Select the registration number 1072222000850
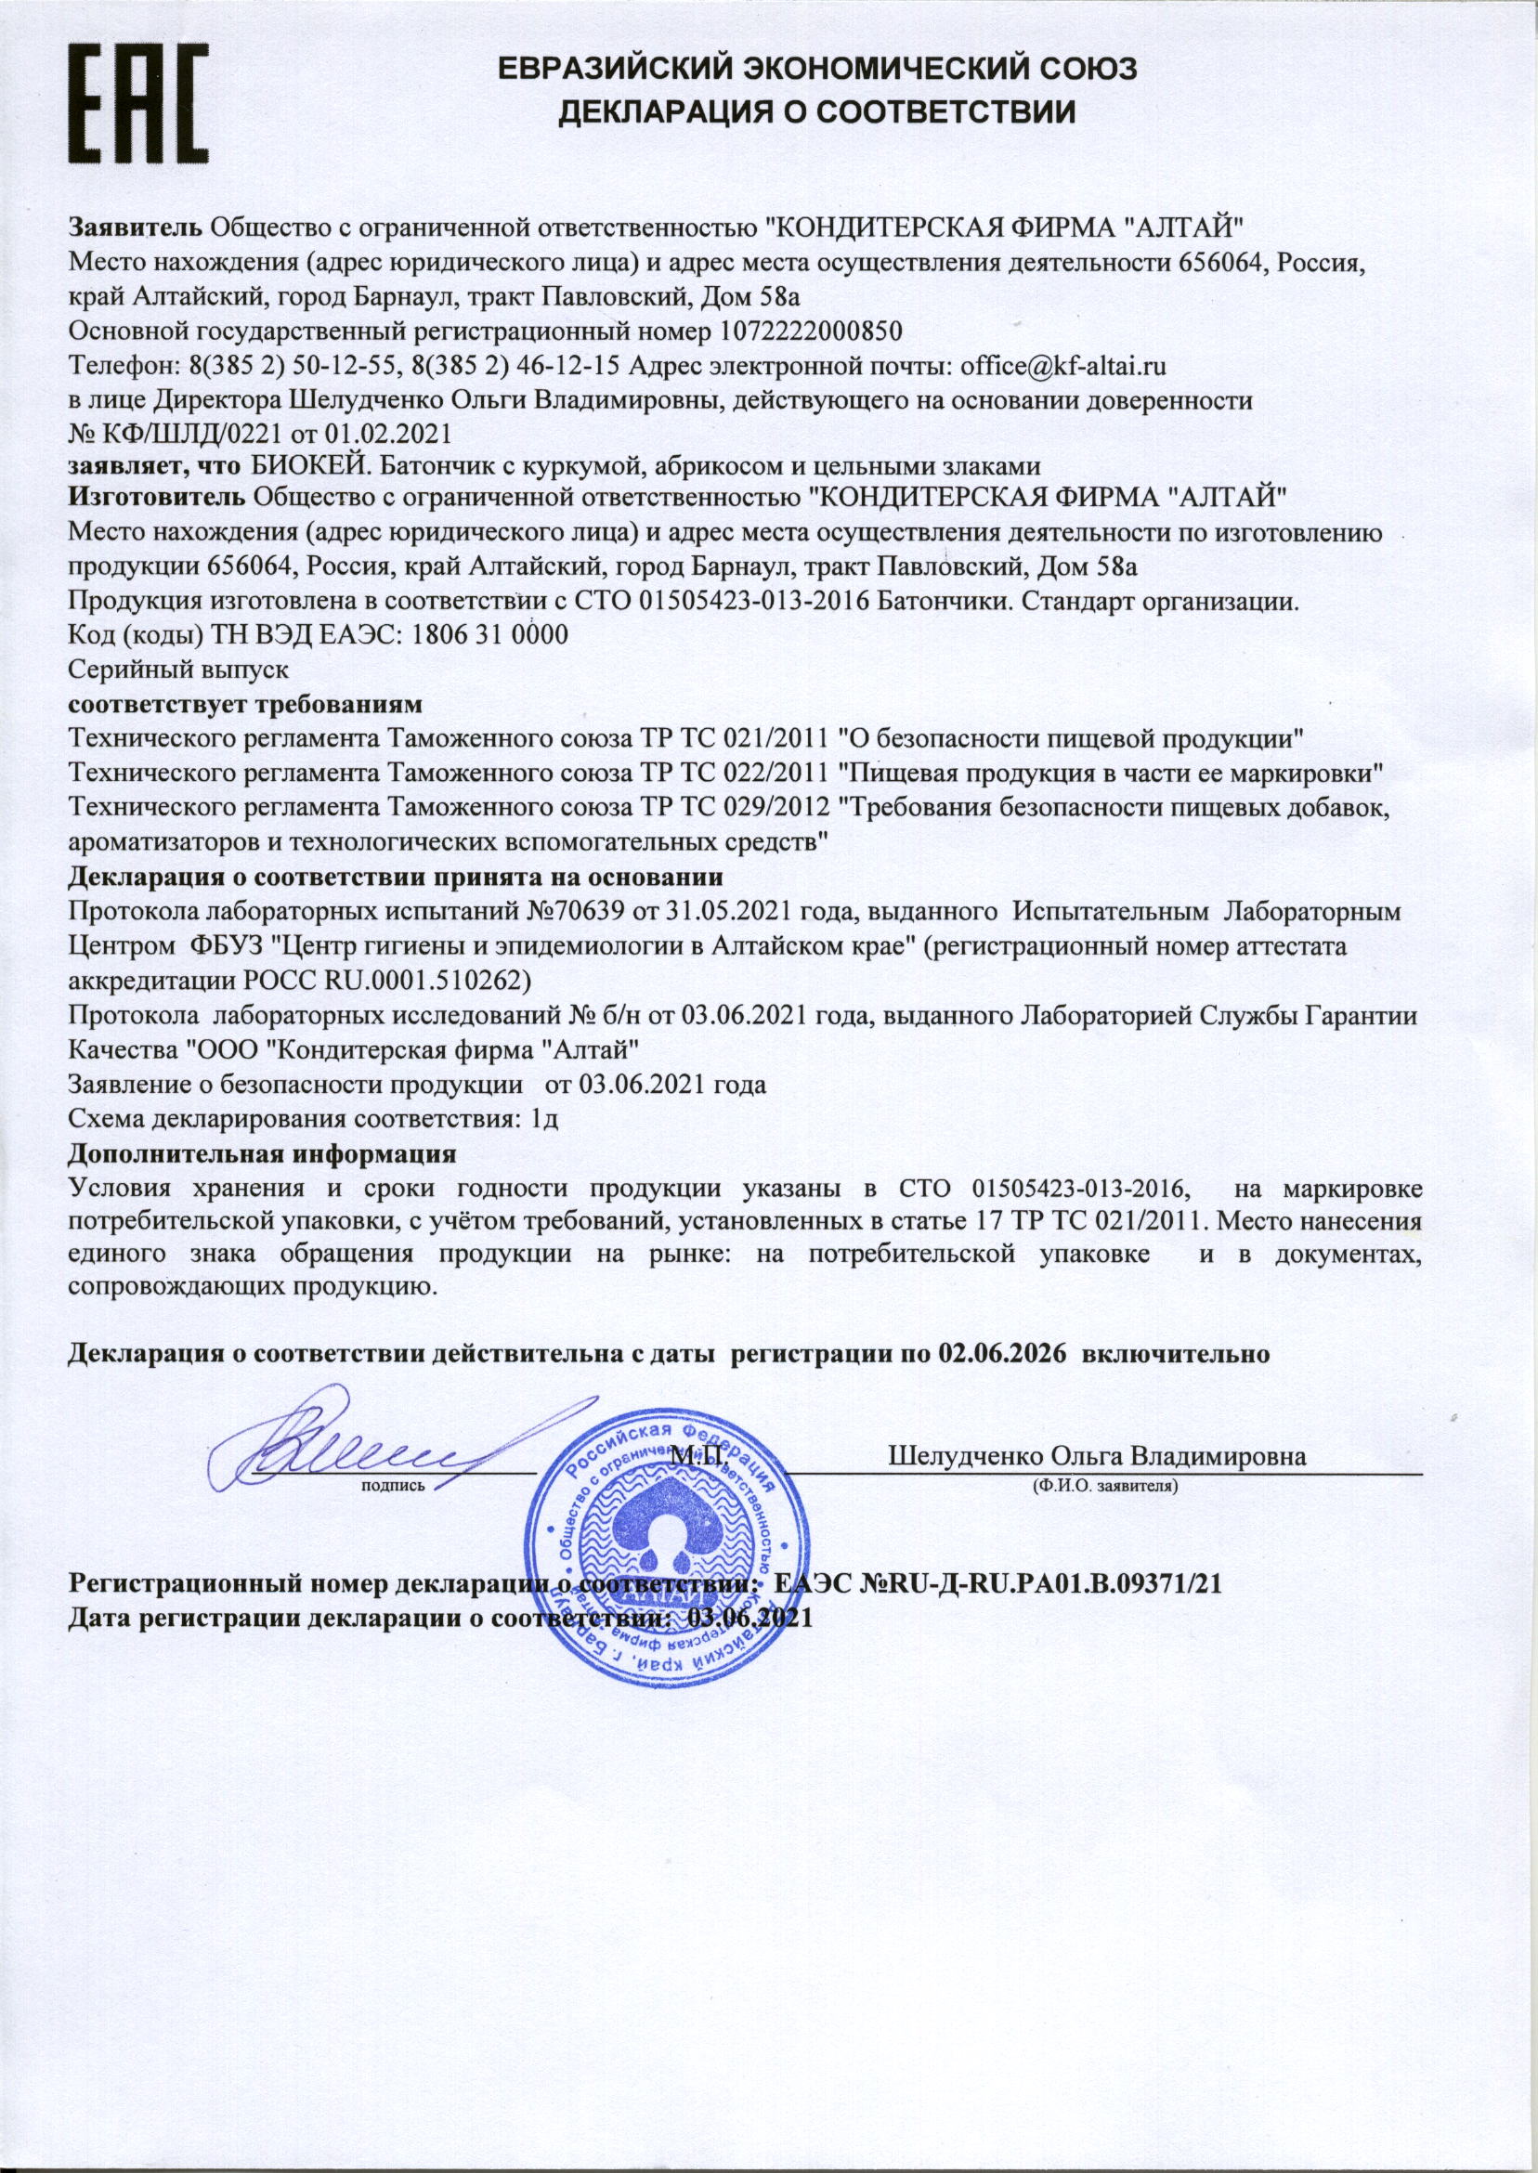[811, 332]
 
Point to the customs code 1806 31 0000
[486, 634]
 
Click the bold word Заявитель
[136, 228]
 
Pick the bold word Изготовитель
[157, 495]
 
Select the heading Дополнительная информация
[262, 1155]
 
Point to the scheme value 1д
[544, 1120]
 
